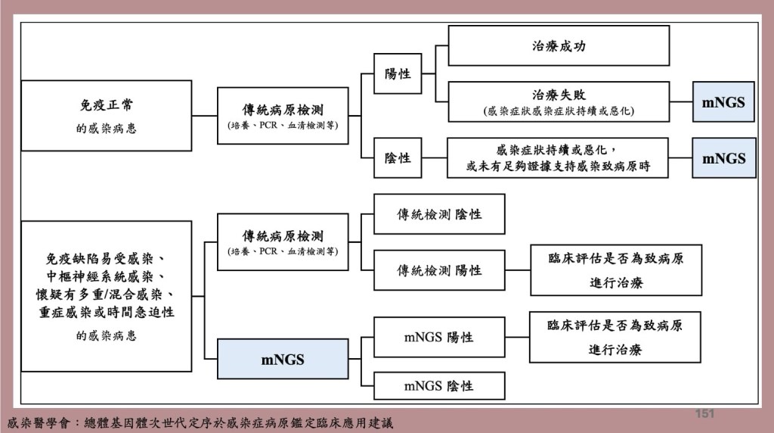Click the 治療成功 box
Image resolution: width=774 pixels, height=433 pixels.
coord(559,45)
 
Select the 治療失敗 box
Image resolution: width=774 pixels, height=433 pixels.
coord(559,101)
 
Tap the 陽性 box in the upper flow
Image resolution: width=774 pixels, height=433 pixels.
coord(398,73)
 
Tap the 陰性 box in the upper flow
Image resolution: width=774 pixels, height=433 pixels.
coord(398,157)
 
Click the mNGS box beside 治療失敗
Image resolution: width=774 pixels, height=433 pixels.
coord(723,101)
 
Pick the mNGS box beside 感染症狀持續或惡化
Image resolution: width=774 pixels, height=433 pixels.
coord(723,157)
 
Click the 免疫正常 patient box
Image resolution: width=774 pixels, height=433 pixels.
coord(106,116)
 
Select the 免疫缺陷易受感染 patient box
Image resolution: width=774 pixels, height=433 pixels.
coord(106,296)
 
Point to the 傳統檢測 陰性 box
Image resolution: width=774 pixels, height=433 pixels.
coord(439,214)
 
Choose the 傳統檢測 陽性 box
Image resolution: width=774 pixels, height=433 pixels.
coord(439,270)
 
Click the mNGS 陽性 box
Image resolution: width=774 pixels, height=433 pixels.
coord(438,337)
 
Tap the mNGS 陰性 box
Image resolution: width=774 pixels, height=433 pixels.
coord(438,386)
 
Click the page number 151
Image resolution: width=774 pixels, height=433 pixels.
coord(704,413)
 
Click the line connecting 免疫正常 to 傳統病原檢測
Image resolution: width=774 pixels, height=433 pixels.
coord(205,116)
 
